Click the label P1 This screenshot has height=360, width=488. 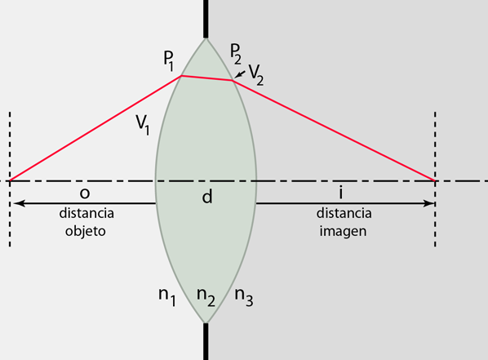[169, 60]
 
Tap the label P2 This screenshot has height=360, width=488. [236, 54]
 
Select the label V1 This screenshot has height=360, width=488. [143, 125]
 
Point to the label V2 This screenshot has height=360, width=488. [256, 76]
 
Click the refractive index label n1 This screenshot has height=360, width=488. [167, 297]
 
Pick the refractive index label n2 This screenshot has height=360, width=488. [206, 297]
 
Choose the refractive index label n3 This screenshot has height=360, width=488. [244, 297]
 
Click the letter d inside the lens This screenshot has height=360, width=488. [207, 196]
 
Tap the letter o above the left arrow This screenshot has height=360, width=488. [85, 193]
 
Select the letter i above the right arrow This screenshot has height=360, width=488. [341, 193]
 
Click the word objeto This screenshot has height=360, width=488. [85, 231]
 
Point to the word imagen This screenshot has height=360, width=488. [343, 231]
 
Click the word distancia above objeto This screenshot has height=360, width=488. [87, 213]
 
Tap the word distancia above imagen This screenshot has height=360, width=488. [344, 213]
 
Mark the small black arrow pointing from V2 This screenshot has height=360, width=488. [240, 74]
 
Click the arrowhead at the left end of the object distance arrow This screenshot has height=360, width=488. [18, 203]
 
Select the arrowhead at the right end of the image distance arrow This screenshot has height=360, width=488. [428, 203]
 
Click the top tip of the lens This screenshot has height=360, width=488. [206, 38]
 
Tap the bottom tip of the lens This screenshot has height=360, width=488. [206, 323]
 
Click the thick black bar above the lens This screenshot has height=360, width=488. [206, 19]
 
